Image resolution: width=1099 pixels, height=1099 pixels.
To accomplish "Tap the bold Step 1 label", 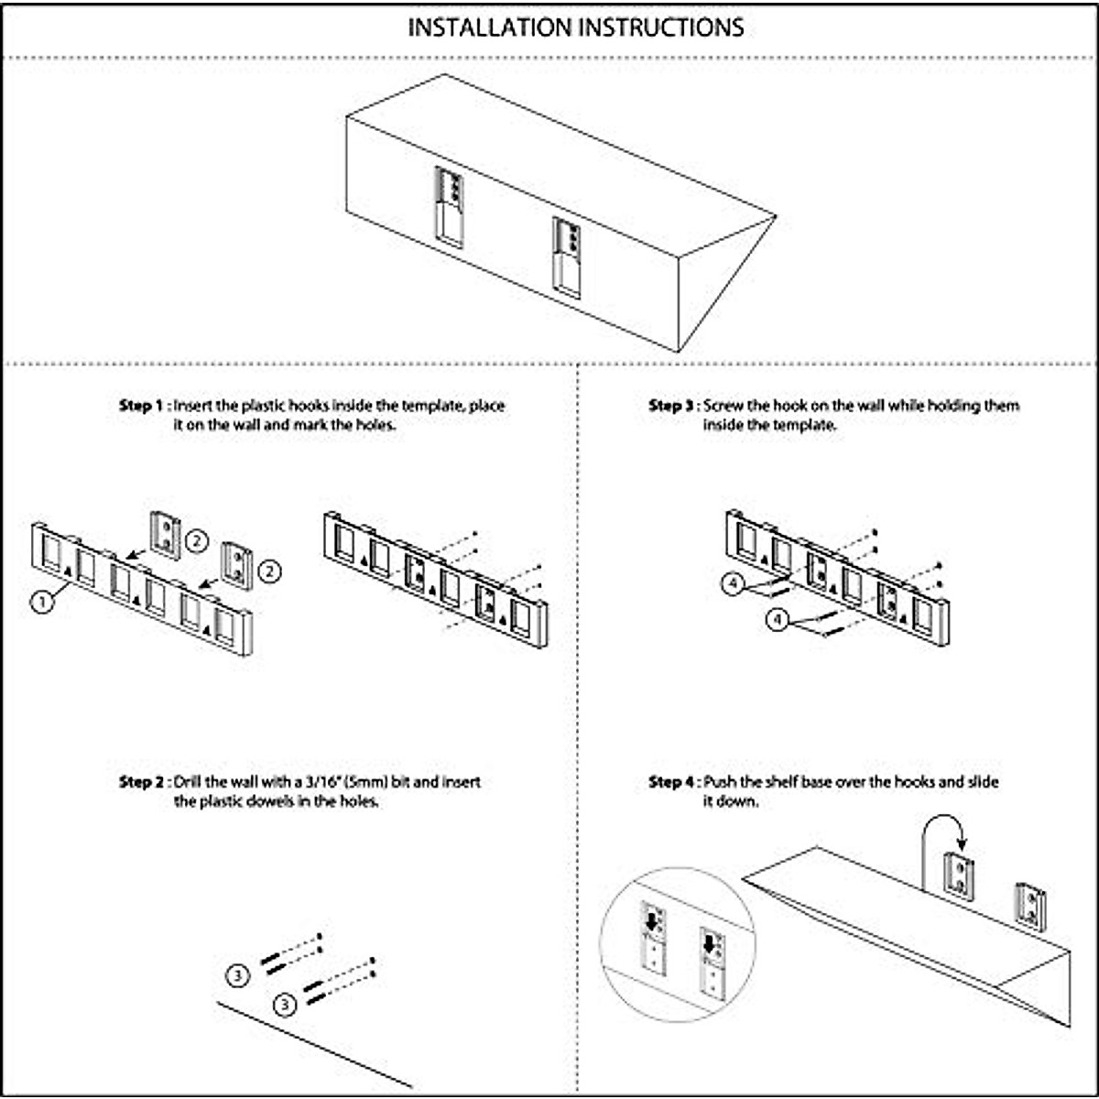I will click(x=141, y=405).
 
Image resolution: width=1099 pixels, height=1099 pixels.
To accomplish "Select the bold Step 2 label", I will click(x=141, y=782).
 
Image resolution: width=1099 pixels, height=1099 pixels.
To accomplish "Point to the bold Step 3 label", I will click(x=671, y=405).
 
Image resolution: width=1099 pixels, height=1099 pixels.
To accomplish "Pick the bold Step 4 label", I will click(x=671, y=782).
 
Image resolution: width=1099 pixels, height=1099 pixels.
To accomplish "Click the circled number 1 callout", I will click(x=40, y=602).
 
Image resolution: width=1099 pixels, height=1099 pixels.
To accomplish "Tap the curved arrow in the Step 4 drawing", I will click(x=939, y=829).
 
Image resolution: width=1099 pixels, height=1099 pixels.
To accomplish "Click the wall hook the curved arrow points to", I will click(x=960, y=876).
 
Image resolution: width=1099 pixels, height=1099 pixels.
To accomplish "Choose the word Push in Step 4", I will click(x=719, y=782).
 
